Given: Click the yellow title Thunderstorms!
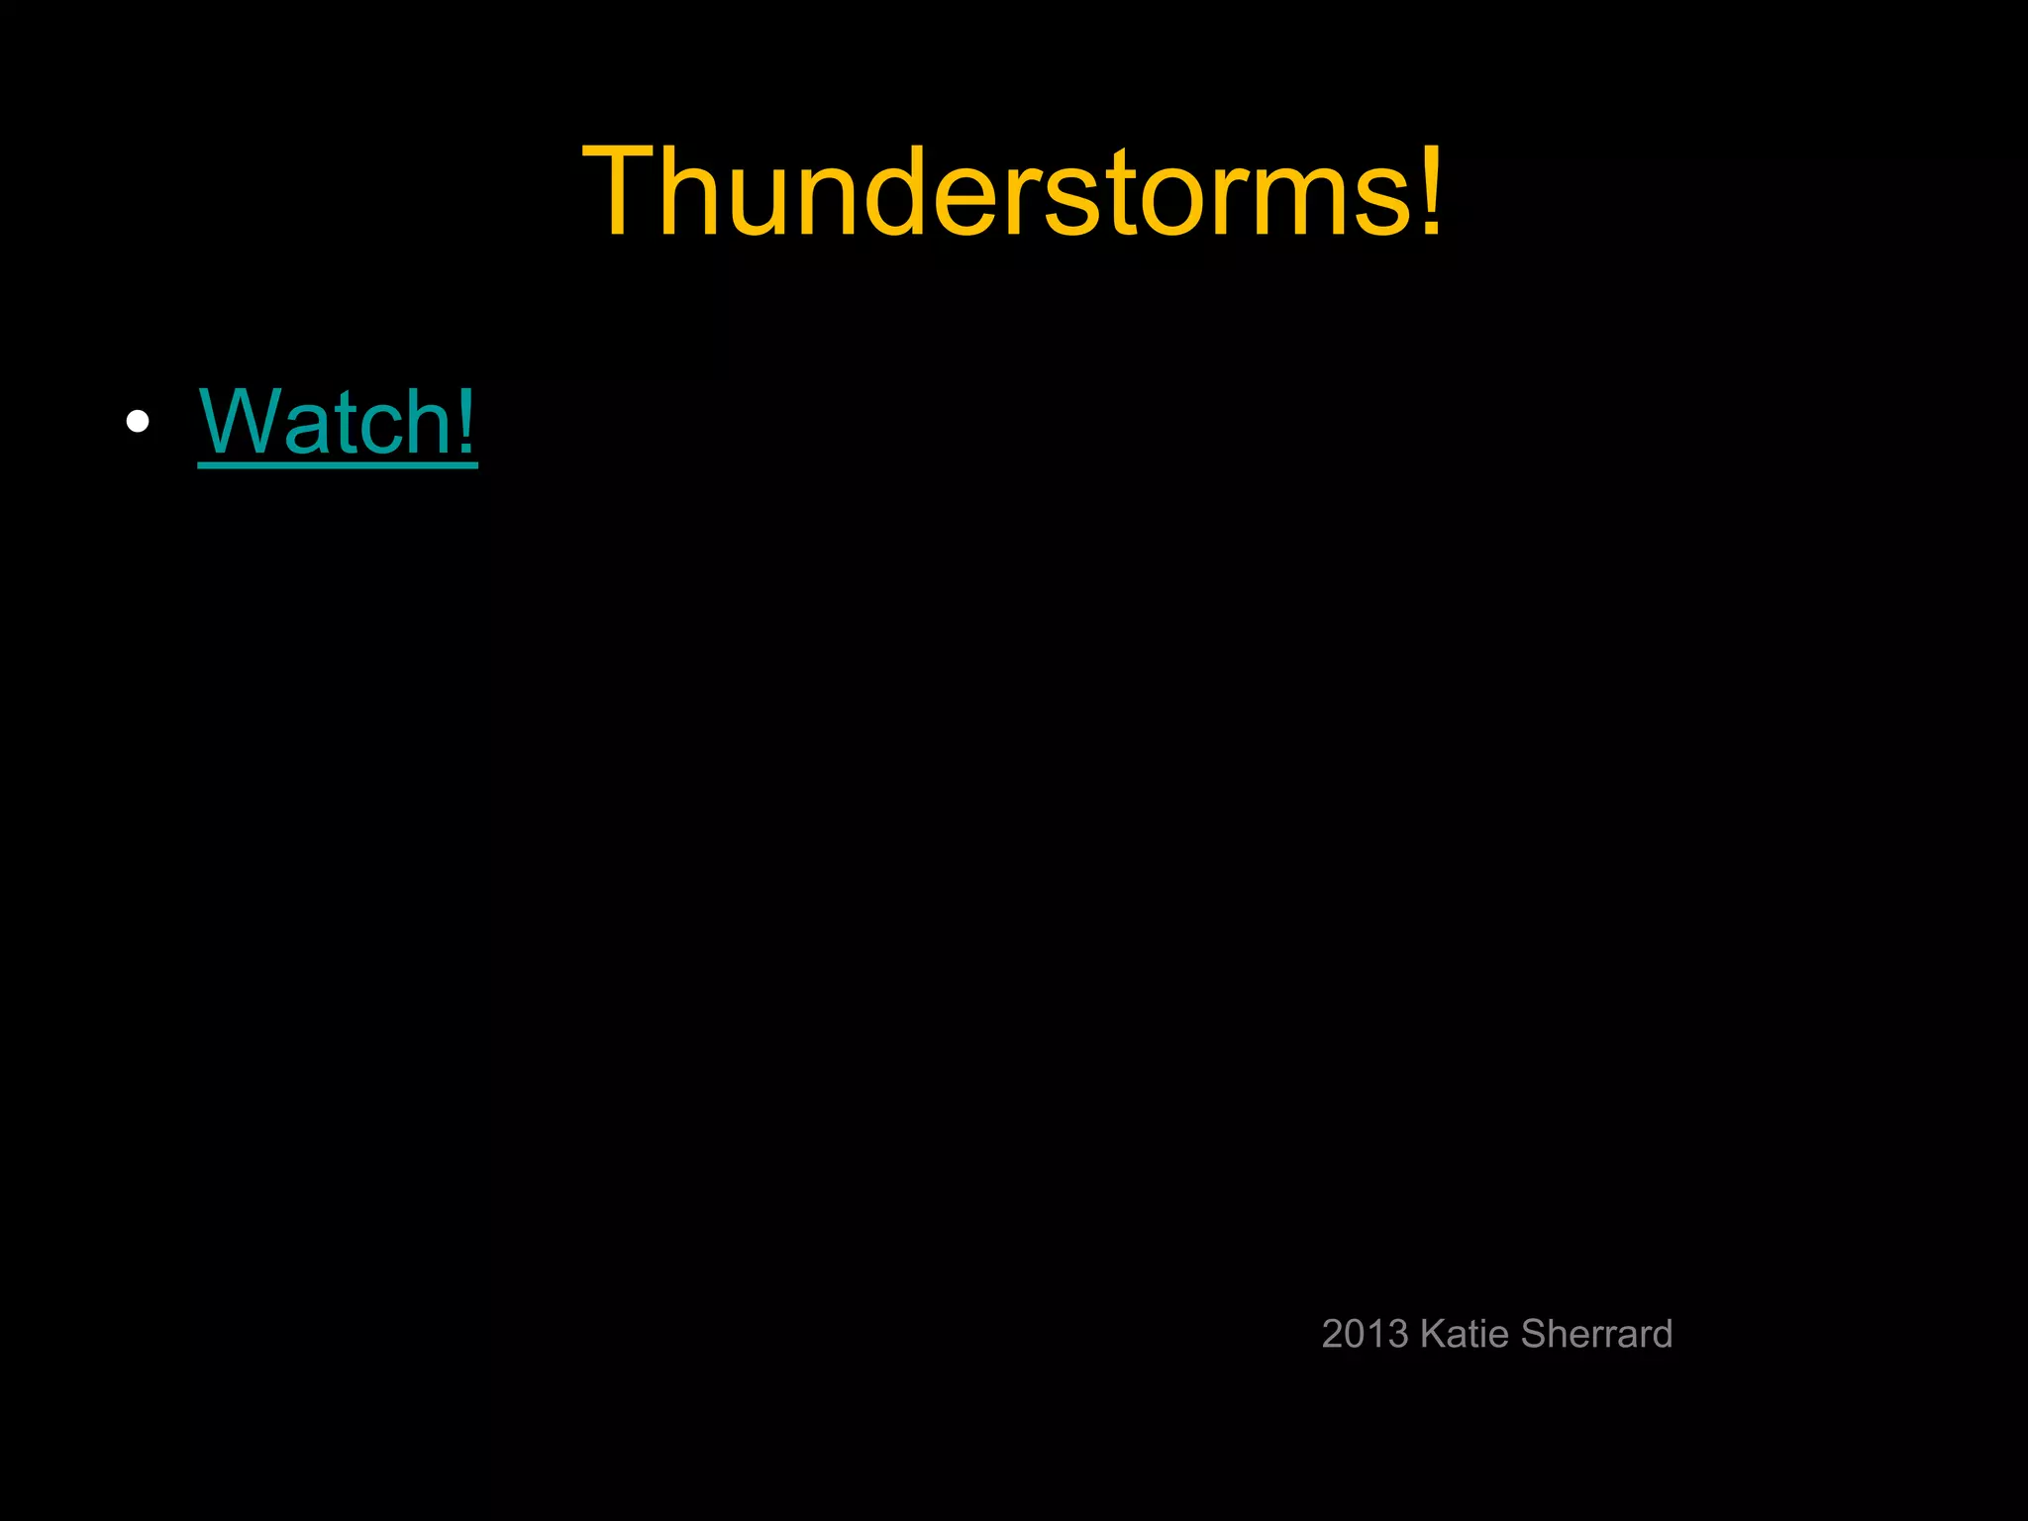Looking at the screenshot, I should point(1012,191).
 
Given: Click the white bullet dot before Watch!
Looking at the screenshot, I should point(138,422).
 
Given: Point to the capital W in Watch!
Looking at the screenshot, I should point(239,421).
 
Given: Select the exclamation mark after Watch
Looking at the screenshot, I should point(465,421).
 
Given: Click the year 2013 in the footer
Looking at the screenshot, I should point(1365,1335).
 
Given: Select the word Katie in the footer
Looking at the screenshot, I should point(1464,1335).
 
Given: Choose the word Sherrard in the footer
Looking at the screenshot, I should point(1596,1335).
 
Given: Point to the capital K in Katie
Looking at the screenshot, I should point(1431,1335).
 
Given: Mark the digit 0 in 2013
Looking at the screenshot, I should point(1355,1335).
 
